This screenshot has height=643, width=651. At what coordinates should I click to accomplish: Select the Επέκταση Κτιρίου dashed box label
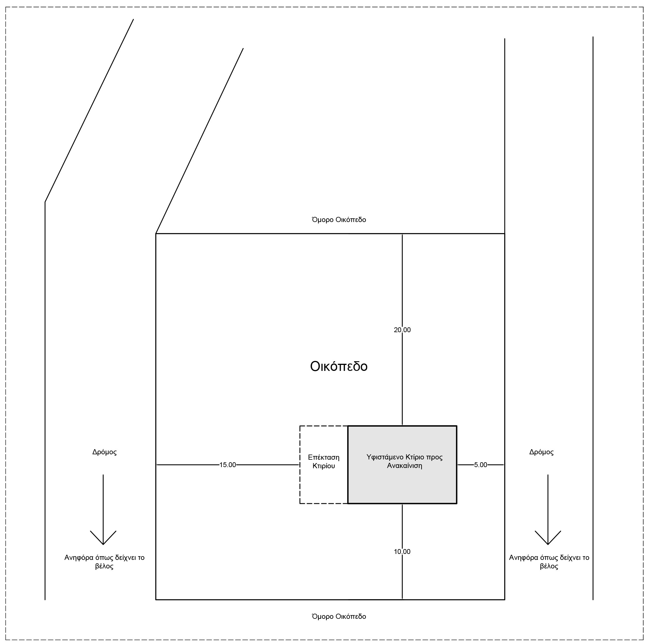(323, 462)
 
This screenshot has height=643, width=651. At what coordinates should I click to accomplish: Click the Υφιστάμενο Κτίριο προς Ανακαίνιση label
(404, 462)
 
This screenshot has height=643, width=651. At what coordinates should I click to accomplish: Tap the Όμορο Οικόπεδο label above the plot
(339, 220)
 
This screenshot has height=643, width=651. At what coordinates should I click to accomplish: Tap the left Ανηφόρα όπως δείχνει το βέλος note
(104, 562)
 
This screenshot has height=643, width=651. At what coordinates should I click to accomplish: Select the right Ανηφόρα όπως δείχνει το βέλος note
(549, 562)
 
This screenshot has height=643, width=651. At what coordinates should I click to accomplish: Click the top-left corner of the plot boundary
(156, 234)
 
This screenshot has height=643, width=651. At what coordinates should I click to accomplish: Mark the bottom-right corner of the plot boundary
(505, 600)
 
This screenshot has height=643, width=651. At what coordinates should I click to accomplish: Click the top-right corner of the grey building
(456, 426)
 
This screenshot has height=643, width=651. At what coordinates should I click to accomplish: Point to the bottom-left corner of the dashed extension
(300, 504)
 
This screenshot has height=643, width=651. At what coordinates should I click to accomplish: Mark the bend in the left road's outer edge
(45, 202)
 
